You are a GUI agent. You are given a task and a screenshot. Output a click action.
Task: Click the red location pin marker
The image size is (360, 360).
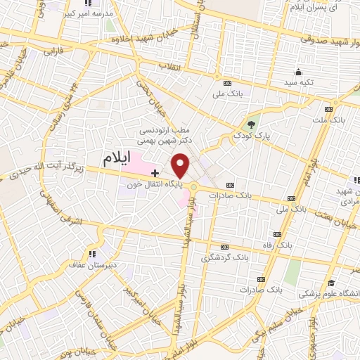[181, 166]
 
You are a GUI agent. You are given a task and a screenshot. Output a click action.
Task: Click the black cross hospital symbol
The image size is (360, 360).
[155, 172]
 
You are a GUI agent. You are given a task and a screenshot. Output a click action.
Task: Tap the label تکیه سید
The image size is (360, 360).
[299, 83]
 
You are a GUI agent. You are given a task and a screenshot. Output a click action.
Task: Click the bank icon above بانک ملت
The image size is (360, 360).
[328, 110]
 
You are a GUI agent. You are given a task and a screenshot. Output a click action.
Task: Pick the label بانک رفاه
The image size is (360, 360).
[277, 245]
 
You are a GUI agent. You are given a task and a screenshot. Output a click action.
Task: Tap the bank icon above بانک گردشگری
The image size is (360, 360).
[225, 247]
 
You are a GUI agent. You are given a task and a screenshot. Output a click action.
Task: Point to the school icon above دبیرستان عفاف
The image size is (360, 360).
[91, 253]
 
